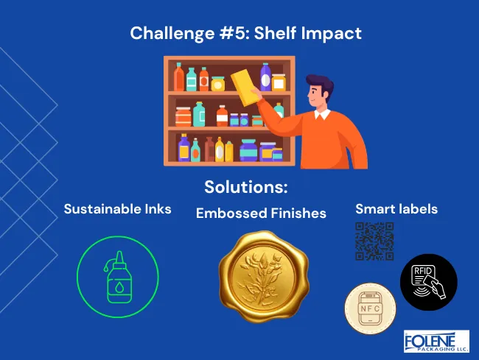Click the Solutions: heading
pos(245,187)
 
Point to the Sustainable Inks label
pos(118,209)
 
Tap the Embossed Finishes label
pos(261,213)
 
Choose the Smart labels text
pos(396,209)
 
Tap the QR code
pos(374,241)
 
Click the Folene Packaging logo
pos(436,342)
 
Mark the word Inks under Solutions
pos(155,209)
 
